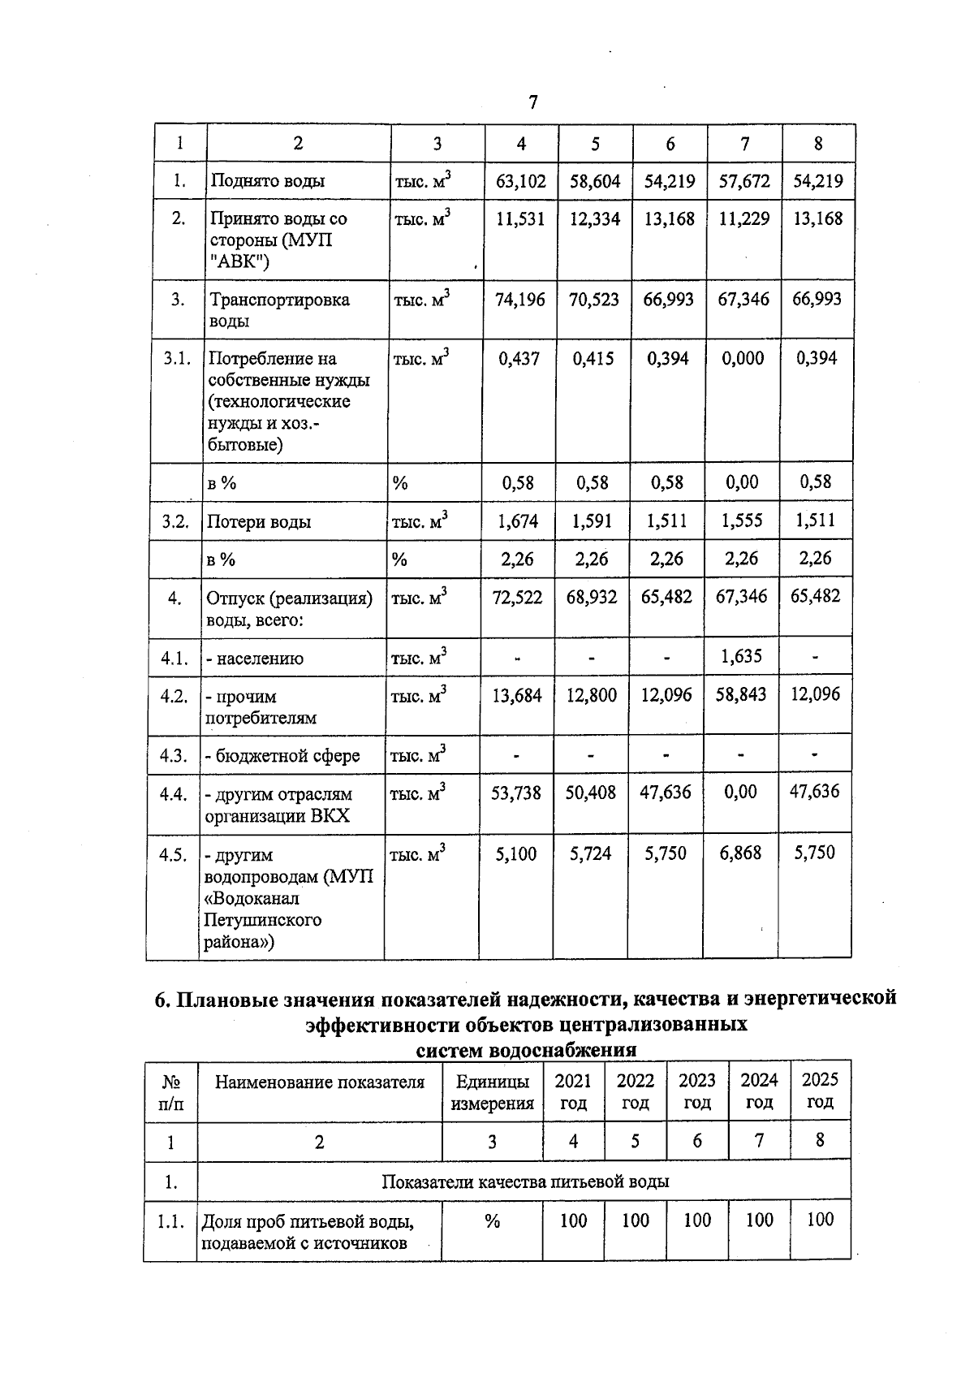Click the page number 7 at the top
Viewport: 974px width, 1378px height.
click(532, 102)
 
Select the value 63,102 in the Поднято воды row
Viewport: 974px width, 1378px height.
click(521, 181)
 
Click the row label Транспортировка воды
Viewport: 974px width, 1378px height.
click(279, 309)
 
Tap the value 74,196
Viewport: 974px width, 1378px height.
click(520, 300)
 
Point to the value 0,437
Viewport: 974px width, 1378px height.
click(519, 358)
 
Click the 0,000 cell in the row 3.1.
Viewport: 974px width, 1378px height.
click(743, 358)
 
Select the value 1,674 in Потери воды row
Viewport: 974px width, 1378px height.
click(518, 521)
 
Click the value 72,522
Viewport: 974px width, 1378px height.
click(517, 598)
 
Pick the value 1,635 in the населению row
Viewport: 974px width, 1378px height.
click(742, 656)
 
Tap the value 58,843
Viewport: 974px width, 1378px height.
click(742, 695)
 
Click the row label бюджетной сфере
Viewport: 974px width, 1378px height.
click(282, 756)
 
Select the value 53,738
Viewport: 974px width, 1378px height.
click(516, 793)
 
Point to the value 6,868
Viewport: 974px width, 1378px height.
click(740, 853)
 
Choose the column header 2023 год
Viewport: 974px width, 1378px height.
click(697, 1091)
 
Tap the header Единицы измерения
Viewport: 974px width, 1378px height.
click(493, 1091)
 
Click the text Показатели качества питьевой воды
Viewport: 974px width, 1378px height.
click(525, 1181)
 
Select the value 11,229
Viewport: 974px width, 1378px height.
click(743, 218)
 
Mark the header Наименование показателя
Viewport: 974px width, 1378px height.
click(320, 1082)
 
